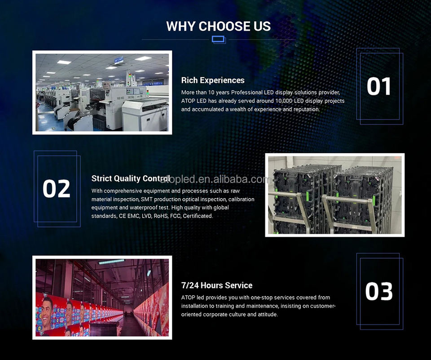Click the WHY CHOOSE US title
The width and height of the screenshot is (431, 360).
(x=219, y=26)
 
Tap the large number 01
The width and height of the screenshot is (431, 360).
(x=379, y=86)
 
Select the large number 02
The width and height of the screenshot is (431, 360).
(x=57, y=188)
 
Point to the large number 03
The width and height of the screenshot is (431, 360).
(x=379, y=291)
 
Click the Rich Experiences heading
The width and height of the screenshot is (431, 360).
(x=213, y=80)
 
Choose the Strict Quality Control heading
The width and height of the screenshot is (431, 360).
(x=131, y=178)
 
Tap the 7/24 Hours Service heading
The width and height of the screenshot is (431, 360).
(x=216, y=285)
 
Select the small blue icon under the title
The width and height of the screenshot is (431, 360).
(x=219, y=40)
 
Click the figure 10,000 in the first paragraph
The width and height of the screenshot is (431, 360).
(x=284, y=101)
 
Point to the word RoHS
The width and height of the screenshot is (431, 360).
(x=161, y=216)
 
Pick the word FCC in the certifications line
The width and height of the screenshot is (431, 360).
(x=176, y=216)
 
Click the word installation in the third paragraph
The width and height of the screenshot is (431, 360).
(x=194, y=306)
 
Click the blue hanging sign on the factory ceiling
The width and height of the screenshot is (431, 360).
(x=119, y=60)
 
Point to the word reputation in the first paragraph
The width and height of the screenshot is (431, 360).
(x=306, y=109)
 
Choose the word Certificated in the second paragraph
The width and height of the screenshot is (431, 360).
(x=198, y=216)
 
